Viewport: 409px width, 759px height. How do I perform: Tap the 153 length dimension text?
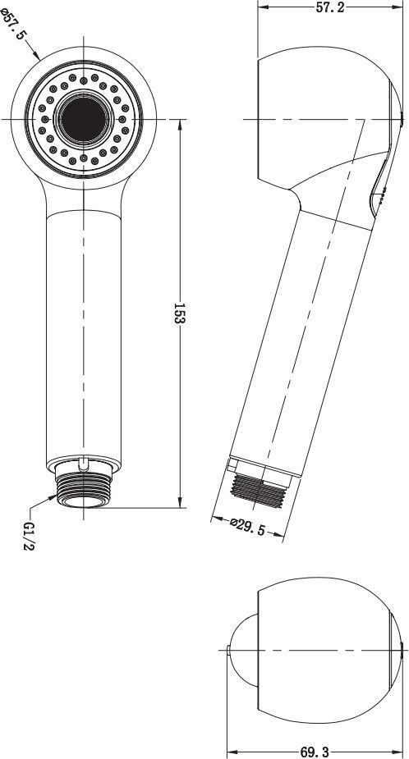coord(180,314)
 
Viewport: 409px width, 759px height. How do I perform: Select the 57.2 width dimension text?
coord(330,7)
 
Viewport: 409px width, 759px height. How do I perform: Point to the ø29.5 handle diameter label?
coord(247,527)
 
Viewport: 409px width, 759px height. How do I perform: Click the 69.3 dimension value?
coord(315,752)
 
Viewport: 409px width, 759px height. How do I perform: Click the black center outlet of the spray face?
coord(83,119)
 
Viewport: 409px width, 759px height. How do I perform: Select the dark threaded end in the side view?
coord(257,491)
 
